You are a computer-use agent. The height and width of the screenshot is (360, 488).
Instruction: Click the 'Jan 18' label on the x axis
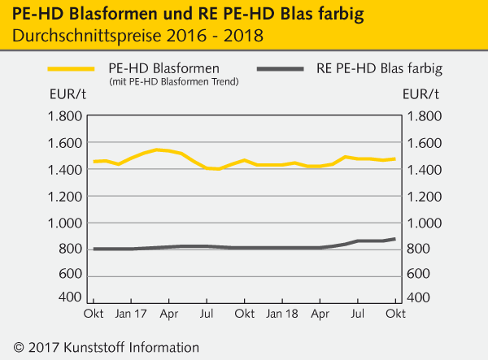click(282, 314)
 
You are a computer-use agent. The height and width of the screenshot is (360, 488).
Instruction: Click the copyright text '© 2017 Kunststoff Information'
click(106, 346)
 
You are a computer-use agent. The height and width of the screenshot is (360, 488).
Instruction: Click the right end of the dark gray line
click(395, 239)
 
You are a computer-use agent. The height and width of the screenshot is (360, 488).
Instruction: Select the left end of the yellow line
click(95, 162)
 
